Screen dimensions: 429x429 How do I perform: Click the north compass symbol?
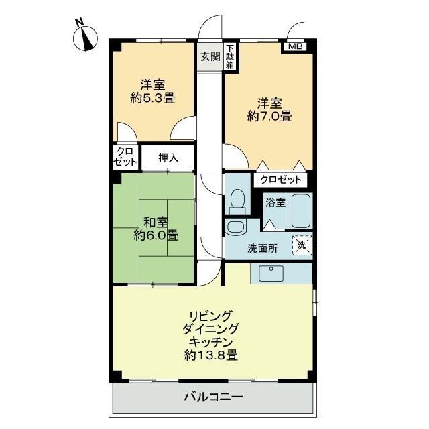coord(86,38)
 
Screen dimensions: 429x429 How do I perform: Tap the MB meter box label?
coord(296,46)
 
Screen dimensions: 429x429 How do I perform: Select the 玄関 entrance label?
coord(210,56)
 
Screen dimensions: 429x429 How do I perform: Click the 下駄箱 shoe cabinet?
coord(230,57)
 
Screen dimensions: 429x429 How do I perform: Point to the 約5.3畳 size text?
coord(153,98)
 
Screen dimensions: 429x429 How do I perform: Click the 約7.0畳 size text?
coord(269,116)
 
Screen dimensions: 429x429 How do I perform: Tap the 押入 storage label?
coord(168,158)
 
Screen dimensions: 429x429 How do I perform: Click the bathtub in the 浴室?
coord(300,211)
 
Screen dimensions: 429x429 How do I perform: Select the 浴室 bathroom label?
coord(275,202)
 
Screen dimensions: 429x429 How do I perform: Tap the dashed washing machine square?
coord(302,245)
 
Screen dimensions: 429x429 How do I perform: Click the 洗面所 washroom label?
coord(262,248)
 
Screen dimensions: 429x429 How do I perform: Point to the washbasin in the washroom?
coord(235,227)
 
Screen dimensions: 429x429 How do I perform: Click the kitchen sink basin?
coord(271,273)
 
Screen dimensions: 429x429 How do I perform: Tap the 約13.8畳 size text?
coord(211,355)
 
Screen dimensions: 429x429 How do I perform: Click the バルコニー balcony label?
coord(214,396)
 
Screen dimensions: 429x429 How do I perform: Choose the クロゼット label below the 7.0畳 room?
coord(281,180)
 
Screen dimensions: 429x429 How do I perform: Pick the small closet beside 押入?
coord(125,157)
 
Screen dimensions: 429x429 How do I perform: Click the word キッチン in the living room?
coord(211,342)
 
